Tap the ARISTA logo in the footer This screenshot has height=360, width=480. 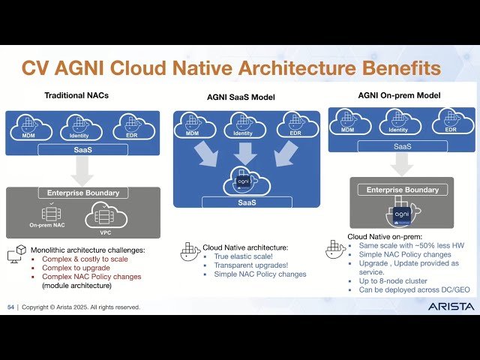click(450, 307)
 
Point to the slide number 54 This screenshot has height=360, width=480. click(10, 307)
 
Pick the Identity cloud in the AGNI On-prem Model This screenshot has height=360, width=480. click(398, 122)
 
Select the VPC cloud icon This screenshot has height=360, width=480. click(100, 216)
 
